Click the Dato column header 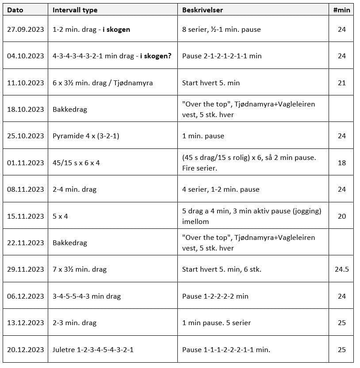[15, 10]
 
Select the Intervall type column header [75, 10]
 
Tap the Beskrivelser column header [203, 10]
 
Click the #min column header [341, 10]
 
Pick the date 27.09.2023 [26, 30]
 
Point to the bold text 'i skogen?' [156, 56]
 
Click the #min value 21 [341, 83]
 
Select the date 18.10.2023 [26, 109]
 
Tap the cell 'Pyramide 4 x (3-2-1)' [86, 136]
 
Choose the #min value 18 [341, 163]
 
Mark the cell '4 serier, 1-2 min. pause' [221, 190]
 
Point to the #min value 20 [341, 216]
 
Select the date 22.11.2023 [26, 243]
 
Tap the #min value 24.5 [341, 269]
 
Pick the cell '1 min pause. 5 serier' [216, 323]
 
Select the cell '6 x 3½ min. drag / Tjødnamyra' [103, 83]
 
